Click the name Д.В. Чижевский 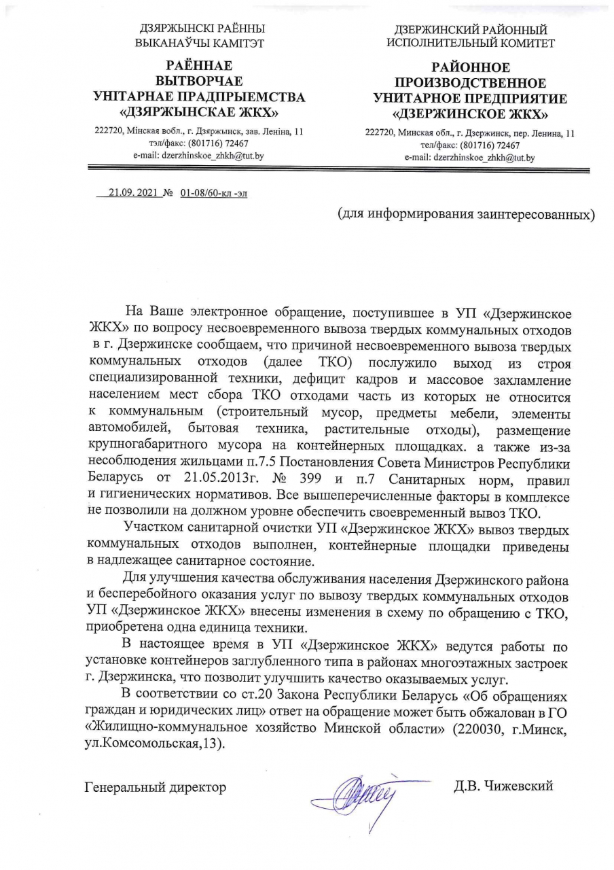504,786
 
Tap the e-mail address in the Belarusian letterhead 199,156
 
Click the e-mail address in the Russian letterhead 470,158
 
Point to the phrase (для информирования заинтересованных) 467,214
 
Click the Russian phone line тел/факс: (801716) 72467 470,145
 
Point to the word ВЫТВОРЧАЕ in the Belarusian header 200,82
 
